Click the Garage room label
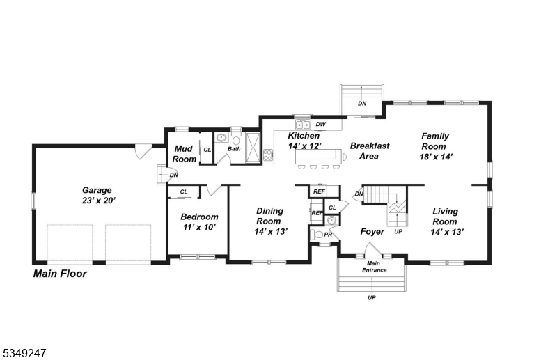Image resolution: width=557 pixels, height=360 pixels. coord(97,189)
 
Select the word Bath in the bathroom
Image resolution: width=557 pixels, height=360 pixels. coord(234,148)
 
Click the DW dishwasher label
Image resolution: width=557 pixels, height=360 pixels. coord(321,125)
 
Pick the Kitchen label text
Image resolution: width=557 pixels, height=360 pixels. coord(304,136)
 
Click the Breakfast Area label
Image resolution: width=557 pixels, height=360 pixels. coord(369,151)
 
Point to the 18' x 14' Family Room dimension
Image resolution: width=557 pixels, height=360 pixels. coord(436,157)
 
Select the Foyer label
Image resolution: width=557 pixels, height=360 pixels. coord(372,231)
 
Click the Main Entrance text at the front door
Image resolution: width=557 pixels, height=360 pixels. coord(373,266)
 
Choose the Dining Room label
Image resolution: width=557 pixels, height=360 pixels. coord(270,216)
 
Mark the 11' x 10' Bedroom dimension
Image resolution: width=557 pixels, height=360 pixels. coord(199,227)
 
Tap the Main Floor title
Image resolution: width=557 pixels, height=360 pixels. coord(60,274)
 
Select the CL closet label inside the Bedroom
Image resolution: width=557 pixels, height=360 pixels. coord(184,191)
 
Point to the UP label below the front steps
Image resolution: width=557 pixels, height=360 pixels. coord(372,297)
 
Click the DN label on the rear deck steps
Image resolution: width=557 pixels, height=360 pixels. coord(362,104)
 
